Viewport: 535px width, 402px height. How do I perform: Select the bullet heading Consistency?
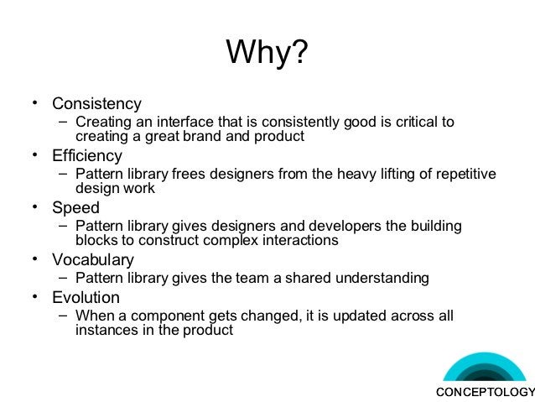point(96,105)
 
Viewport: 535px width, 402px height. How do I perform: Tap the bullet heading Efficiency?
point(87,156)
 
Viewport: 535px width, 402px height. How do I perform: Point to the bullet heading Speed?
point(75,208)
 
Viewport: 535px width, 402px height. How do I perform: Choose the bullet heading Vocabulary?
point(92,259)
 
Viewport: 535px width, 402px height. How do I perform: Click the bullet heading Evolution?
point(86,298)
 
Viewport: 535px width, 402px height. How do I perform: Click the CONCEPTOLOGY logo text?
point(485,393)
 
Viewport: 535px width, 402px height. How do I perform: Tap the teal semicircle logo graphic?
point(484,369)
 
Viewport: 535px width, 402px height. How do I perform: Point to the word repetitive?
point(464,175)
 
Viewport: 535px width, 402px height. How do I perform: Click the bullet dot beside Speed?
point(35,206)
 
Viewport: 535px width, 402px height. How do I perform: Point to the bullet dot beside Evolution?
point(35,296)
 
